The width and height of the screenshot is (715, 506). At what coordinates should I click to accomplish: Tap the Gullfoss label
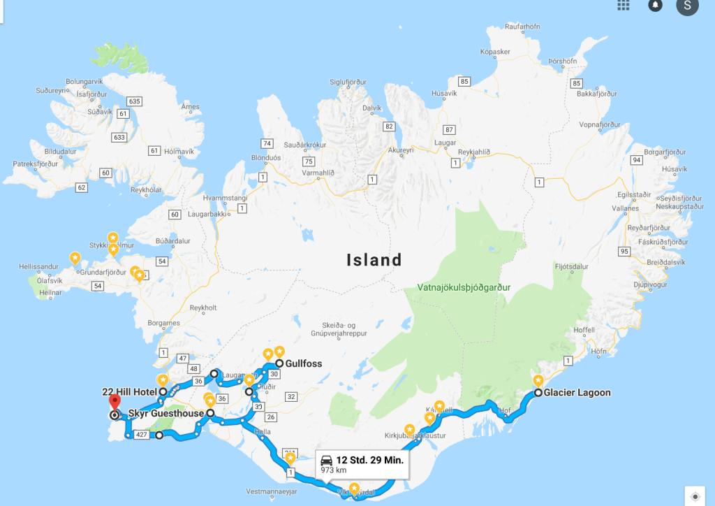[x=298, y=364]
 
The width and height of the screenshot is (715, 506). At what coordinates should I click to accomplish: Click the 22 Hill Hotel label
[x=130, y=392]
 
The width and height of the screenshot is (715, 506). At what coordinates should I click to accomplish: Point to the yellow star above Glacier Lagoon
[x=538, y=381]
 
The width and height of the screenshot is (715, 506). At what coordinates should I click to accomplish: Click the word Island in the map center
[x=374, y=260]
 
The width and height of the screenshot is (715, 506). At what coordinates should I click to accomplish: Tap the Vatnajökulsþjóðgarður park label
[x=464, y=287]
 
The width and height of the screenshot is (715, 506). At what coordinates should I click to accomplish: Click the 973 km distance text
[x=333, y=471]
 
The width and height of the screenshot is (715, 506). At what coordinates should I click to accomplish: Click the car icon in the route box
[x=326, y=461]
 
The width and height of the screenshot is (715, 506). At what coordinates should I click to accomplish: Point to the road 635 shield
[x=134, y=101]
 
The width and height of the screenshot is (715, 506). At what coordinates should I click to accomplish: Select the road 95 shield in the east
[x=624, y=251]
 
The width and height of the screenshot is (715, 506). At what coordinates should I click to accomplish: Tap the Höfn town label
[x=598, y=352]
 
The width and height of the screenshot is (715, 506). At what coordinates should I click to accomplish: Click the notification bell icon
[x=656, y=6]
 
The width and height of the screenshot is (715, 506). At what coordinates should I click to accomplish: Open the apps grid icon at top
[x=624, y=5]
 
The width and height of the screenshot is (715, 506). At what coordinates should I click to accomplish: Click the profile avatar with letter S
[x=687, y=6]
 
